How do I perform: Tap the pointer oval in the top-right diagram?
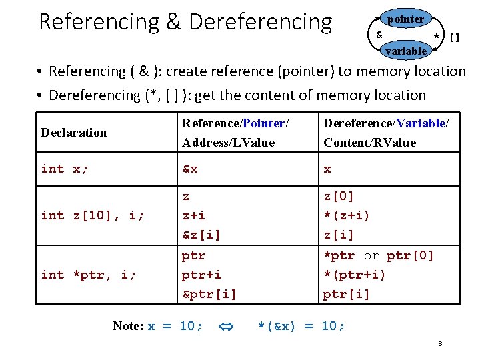(x=405, y=19)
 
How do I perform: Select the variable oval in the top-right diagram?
(x=405, y=51)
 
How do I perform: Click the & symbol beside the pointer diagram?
(x=379, y=34)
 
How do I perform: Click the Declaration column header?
(x=73, y=132)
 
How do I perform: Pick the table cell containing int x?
(x=65, y=169)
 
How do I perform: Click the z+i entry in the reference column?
(x=194, y=215)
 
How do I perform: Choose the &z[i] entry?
(x=201, y=235)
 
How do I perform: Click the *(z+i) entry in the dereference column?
(x=347, y=215)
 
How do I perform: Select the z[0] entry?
(x=339, y=196)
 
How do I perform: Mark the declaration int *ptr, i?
(x=89, y=275)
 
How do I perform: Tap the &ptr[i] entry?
(x=209, y=294)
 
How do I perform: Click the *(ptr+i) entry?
(x=355, y=275)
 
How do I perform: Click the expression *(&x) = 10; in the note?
(x=301, y=326)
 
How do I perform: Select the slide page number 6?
(x=440, y=343)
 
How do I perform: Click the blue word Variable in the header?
(x=421, y=123)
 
